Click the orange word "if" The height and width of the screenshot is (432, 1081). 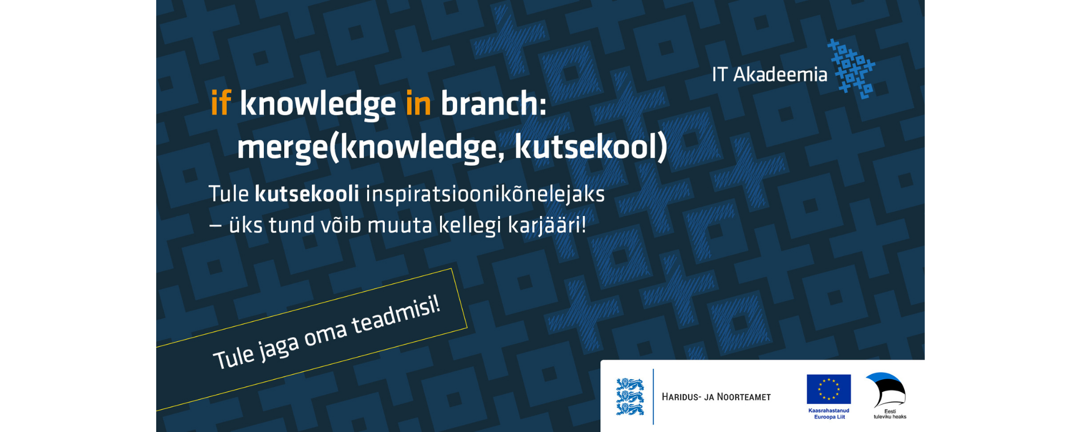221,103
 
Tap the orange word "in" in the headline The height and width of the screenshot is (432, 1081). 418,103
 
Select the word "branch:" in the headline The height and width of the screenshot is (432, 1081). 493,103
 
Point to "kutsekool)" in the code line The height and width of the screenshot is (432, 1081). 591,147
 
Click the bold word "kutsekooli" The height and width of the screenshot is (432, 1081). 306,194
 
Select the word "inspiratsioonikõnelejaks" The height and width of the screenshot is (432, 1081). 485,195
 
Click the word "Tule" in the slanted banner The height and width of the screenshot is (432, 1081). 233,357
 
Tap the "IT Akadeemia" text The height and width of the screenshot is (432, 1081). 769,75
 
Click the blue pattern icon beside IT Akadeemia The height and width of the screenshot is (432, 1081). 851,69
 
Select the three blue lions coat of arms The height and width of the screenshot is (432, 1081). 630,396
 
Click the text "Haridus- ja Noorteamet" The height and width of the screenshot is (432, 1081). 716,397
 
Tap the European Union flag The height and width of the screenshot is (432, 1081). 829,389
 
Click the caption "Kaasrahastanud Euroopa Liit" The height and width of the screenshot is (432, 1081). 829,414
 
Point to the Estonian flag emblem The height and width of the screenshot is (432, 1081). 886,389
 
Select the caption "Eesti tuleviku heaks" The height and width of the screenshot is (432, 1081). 890,414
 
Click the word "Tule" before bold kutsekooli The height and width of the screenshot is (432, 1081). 229,194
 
